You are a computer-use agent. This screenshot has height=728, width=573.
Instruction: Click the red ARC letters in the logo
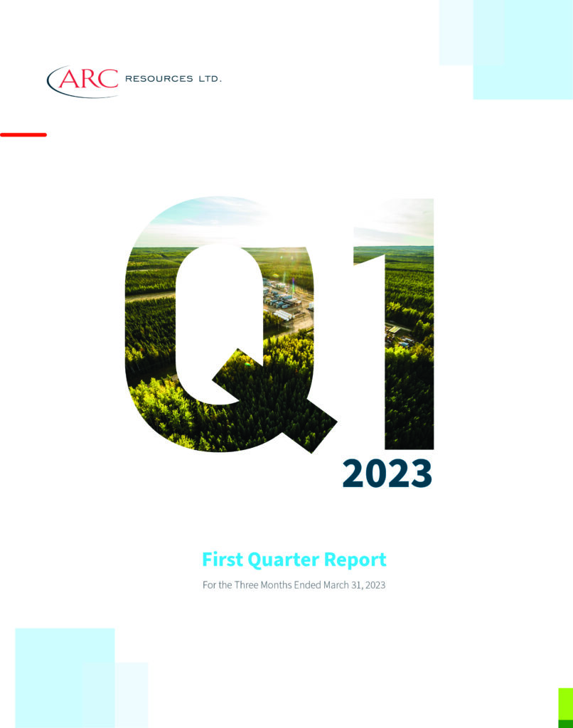[87, 78]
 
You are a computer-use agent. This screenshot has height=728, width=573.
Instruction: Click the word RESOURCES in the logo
[159, 79]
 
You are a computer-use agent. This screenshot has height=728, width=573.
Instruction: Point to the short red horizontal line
[23, 134]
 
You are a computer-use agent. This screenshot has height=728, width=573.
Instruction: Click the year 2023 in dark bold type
[387, 473]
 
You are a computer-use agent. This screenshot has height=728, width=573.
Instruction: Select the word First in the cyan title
[223, 559]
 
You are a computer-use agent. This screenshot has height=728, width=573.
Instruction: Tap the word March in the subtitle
[336, 585]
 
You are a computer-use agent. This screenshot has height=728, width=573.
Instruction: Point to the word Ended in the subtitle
[307, 585]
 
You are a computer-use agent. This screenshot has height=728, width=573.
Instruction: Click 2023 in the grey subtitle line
[375, 585]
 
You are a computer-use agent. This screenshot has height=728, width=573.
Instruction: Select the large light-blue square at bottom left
[65, 678]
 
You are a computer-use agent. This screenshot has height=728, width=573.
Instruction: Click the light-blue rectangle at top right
[523, 50]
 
